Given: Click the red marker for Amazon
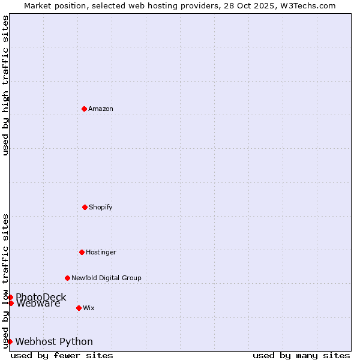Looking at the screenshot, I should click(x=84, y=109).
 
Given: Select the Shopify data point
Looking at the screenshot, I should click(x=85, y=207).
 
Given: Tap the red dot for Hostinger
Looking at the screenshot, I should click(x=82, y=252).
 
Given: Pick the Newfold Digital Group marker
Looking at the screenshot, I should click(x=67, y=278).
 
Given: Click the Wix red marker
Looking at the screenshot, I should click(x=79, y=308).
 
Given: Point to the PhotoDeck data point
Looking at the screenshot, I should click(x=10, y=297).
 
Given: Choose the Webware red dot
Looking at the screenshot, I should click(x=11, y=303).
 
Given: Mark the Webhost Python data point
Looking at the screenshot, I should click(x=10, y=341).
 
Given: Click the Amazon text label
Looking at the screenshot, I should click(x=101, y=109).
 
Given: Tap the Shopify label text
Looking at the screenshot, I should click(x=101, y=207).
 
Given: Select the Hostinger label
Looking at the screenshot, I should click(x=101, y=252).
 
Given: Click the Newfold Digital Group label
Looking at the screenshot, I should click(x=106, y=278).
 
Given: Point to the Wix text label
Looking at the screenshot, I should click(x=89, y=308).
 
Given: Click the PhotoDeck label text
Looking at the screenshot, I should click(x=41, y=297).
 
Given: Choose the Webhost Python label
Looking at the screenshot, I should click(x=54, y=341).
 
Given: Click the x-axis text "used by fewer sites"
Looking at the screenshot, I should click(x=62, y=355).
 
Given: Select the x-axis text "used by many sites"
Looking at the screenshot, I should click(x=301, y=355).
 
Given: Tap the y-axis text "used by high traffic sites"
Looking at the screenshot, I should click(x=5, y=85).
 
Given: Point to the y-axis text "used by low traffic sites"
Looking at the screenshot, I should click(x=5, y=281).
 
